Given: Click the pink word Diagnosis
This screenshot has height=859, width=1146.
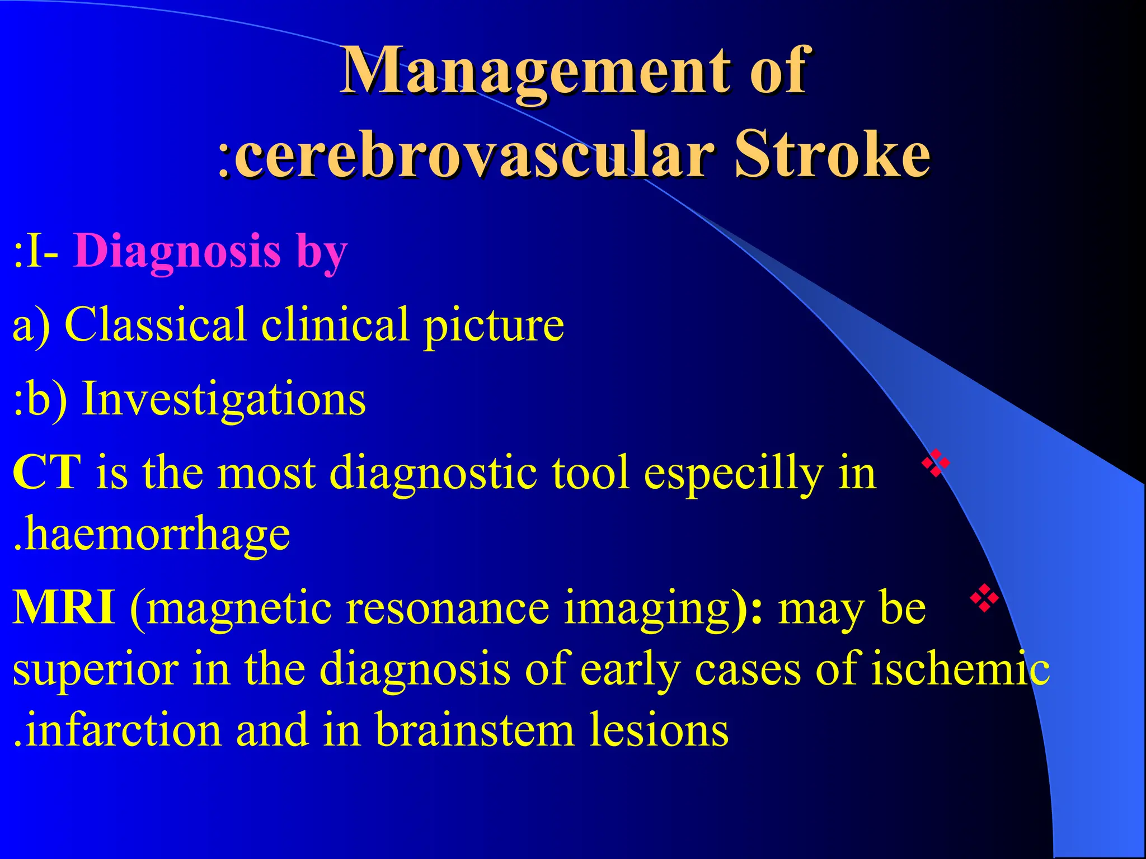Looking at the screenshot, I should click(177, 251).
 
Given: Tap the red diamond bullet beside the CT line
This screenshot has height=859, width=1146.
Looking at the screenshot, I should click(936, 463).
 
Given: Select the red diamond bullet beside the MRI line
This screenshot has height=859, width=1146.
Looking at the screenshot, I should click(984, 598).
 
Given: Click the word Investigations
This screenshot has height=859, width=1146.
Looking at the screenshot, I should click(224, 399).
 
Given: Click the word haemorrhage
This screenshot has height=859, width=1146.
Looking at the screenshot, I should click(157, 535).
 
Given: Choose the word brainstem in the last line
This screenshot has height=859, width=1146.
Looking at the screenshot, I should click(475, 730).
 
